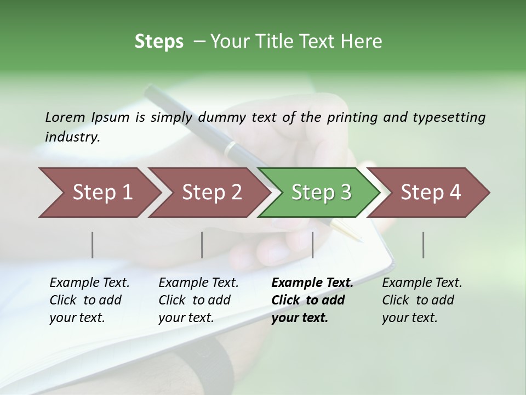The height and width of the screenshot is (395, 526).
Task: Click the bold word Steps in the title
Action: pos(159,42)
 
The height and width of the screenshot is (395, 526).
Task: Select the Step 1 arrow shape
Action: pos(99,193)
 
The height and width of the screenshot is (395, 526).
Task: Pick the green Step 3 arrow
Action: pos(321,193)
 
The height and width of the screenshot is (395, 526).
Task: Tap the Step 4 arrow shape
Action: pos(430,193)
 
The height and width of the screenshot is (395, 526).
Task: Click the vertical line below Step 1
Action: pos(92,245)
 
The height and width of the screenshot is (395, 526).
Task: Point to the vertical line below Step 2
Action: pos(202,245)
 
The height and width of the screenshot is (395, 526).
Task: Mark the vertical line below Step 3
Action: pos(312,245)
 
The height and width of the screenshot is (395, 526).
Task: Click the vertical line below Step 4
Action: pos(423,245)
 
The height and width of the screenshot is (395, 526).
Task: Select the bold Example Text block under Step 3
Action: pos(312,300)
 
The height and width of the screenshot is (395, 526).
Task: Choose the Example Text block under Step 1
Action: pos(89,300)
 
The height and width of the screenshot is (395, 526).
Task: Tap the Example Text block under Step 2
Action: pos(198,300)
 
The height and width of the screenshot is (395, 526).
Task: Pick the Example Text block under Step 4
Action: pos(422,300)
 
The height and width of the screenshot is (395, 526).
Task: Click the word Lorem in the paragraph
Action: pos(65,117)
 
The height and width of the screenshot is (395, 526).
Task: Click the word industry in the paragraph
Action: pos(72,137)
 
